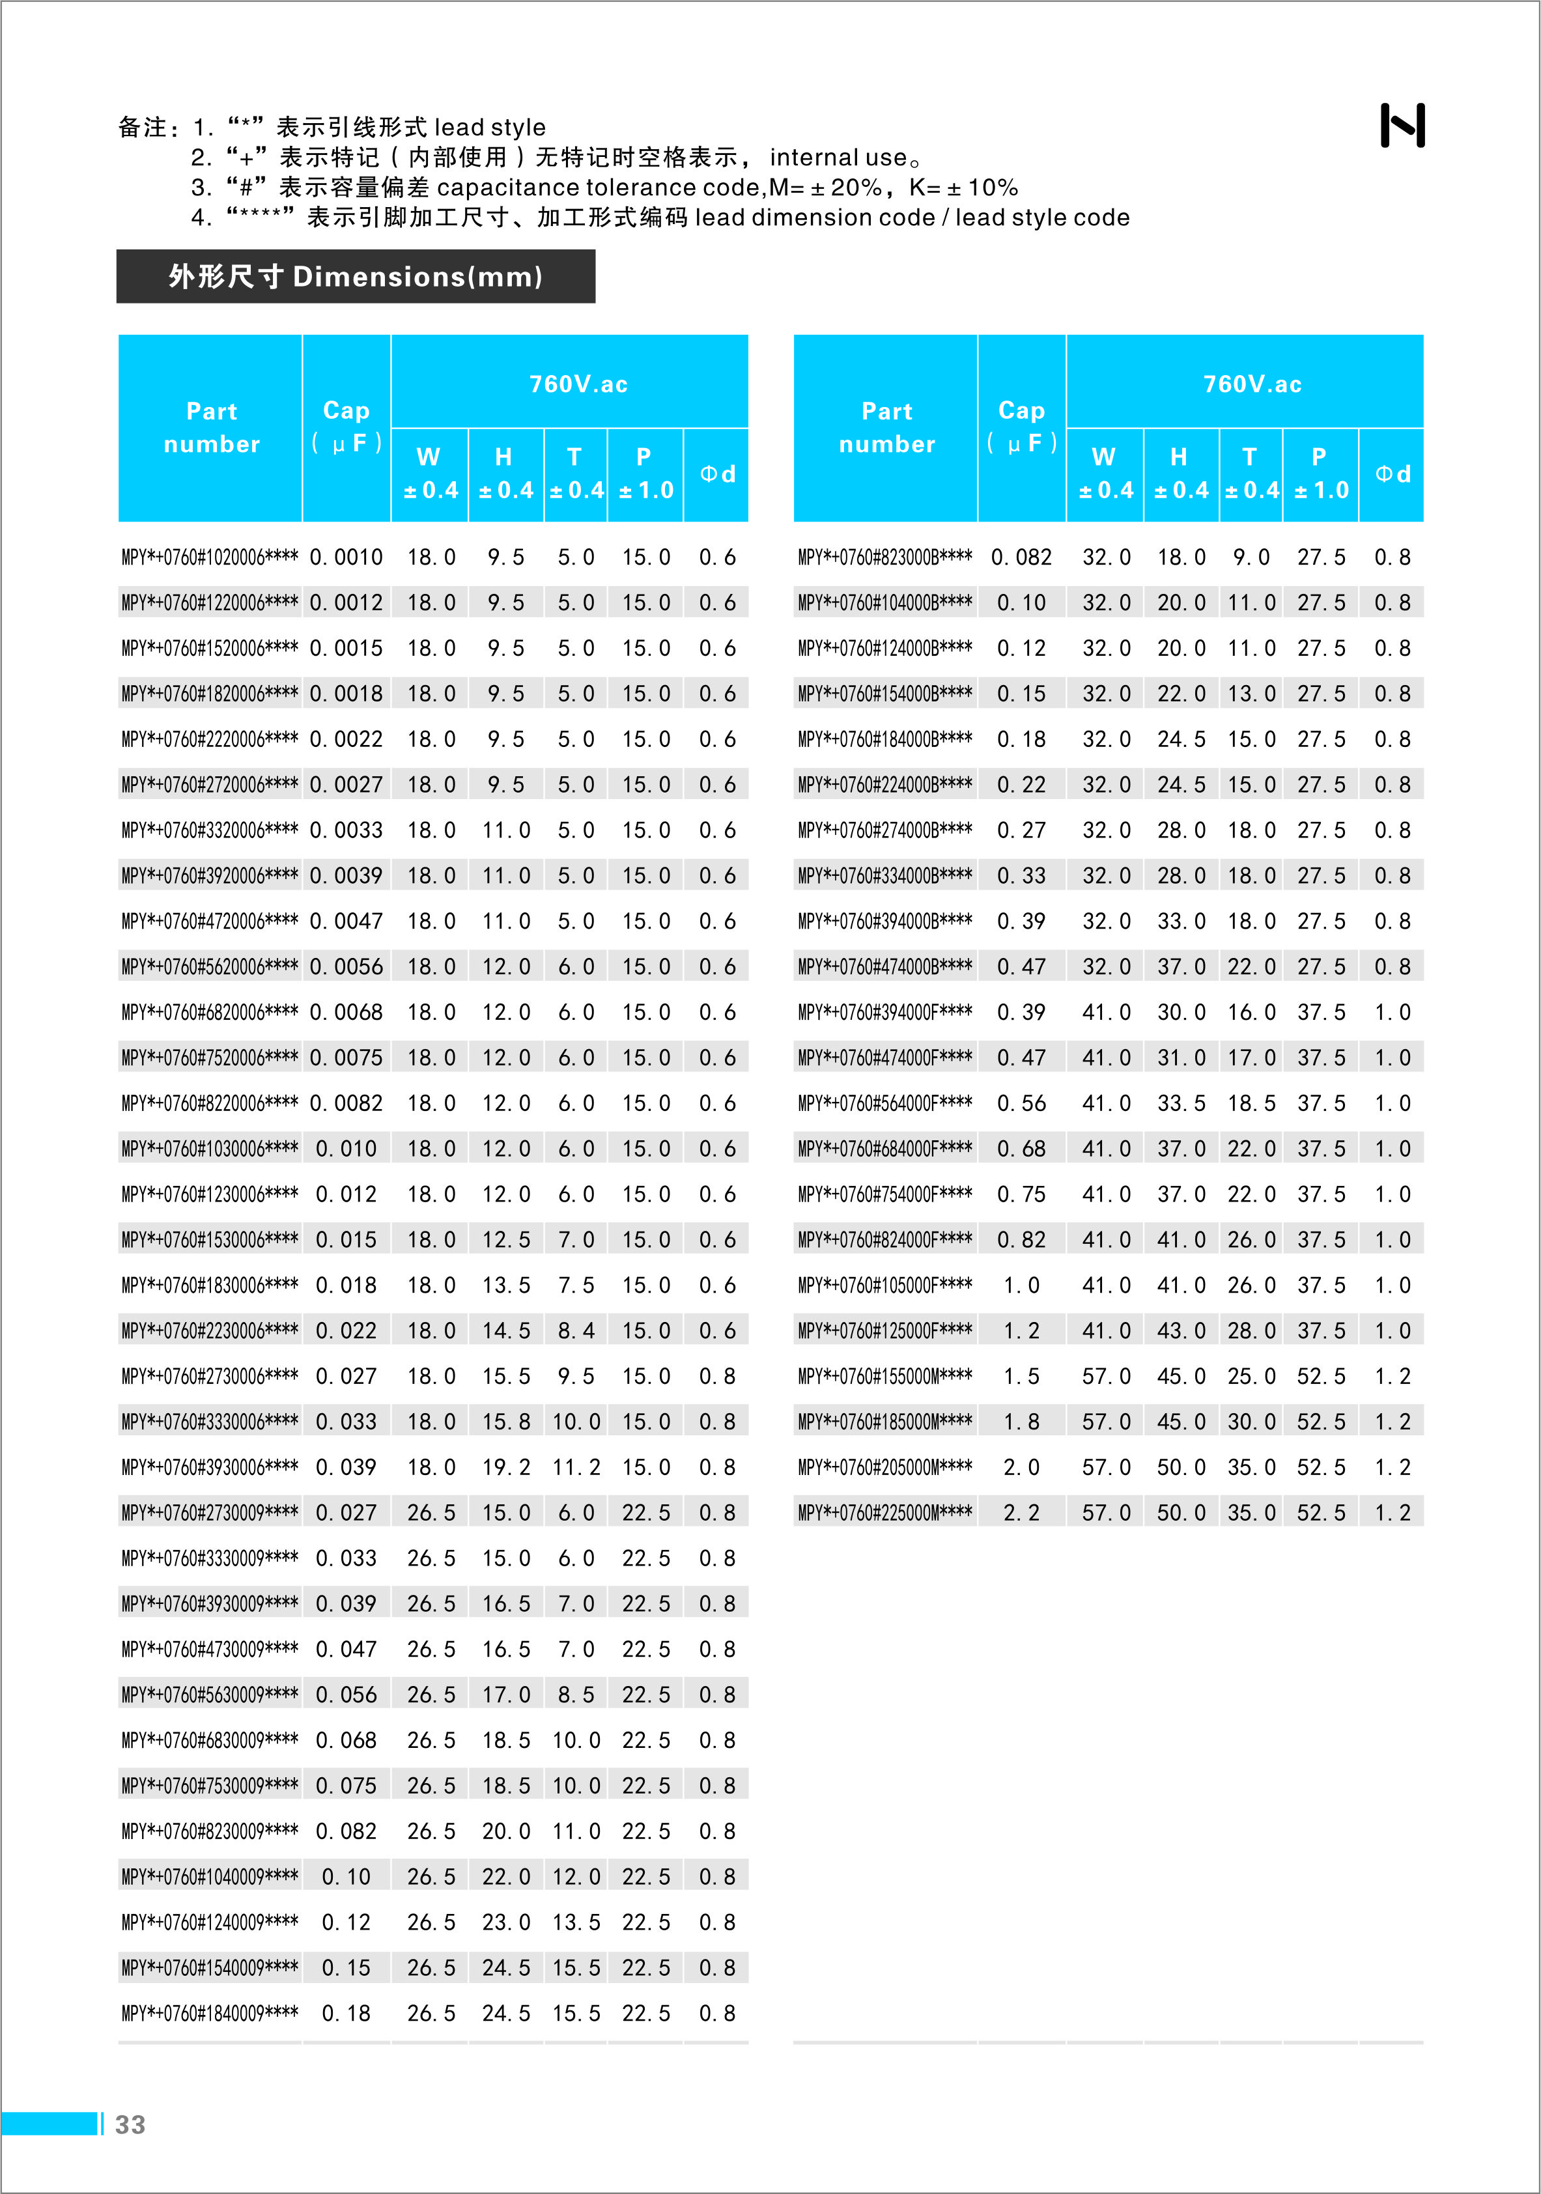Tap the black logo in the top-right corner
[1402, 125]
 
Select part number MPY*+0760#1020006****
[209, 557]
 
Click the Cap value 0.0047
[346, 921]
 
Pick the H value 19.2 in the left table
[505, 1467]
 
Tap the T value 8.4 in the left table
[576, 1330]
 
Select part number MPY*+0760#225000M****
[885, 1513]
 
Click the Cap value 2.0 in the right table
[1021, 1467]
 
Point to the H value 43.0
[1181, 1330]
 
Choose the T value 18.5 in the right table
[1251, 1103]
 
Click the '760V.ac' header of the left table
[578, 384]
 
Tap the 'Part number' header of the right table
[886, 427]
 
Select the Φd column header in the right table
[1392, 474]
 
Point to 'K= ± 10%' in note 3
[963, 188]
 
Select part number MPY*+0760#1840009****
[209, 2014]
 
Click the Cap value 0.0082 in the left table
[346, 1103]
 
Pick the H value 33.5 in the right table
[1181, 1103]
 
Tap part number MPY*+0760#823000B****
[885, 557]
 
